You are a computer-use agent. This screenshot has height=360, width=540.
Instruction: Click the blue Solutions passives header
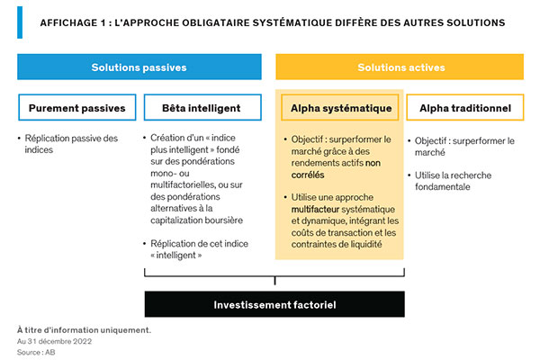point(139,67)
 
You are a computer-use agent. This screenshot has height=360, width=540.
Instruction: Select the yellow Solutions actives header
point(400,67)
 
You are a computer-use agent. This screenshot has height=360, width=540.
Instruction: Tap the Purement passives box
point(76,108)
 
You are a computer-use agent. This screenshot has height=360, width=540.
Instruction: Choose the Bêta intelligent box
point(201,108)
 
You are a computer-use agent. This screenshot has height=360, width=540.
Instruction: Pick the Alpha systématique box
point(340,108)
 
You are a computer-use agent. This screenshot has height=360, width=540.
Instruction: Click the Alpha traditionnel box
point(464,108)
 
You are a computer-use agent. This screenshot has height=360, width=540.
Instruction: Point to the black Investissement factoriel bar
point(274,304)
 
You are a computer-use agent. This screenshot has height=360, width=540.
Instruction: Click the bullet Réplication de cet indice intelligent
point(202,249)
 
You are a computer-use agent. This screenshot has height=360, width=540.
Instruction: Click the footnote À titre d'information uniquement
point(84,330)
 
